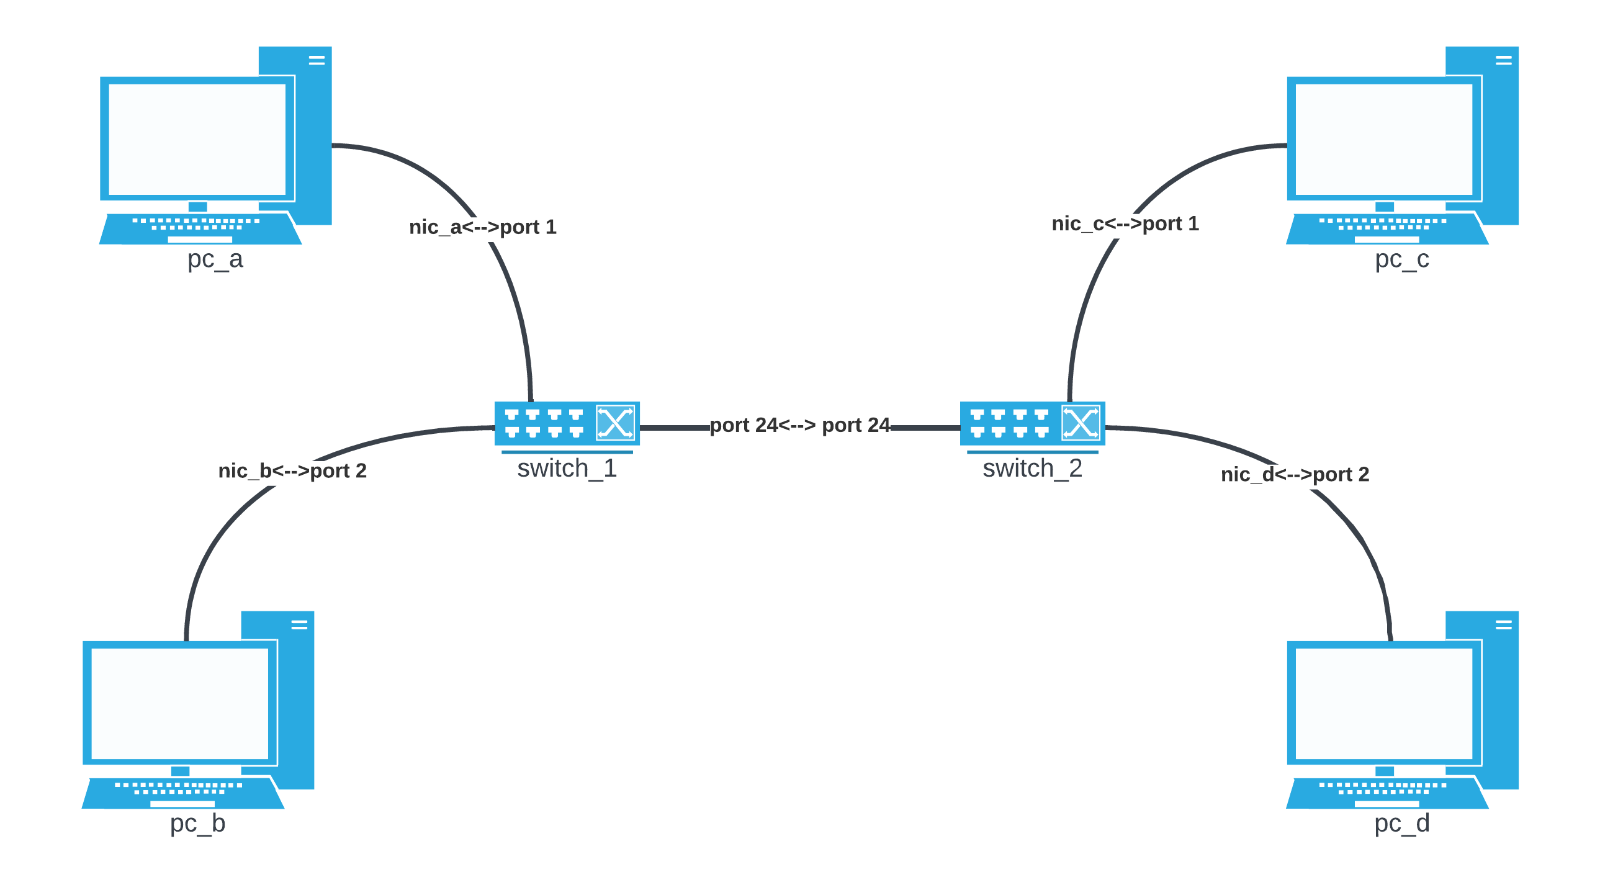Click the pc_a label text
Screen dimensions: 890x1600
click(215, 259)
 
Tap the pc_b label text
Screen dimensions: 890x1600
click(197, 823)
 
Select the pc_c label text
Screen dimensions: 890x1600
click(1402, 259)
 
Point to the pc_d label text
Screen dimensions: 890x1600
click(1402, 823)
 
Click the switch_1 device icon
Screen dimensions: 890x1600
click(567, 423)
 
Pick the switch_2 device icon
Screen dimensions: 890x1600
click(1032, 423)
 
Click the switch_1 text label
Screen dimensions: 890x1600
click(567, 469)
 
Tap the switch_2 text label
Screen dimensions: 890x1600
click(1032, 469)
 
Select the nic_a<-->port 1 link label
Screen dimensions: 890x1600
click(483, 227)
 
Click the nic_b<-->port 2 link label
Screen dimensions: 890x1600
click(292, 471)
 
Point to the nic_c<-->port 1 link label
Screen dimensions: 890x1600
click(1125, 223)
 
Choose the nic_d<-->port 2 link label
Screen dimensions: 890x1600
click(1295, 475)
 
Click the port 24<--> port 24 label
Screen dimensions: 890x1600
click(799, 425)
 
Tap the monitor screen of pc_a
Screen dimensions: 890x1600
click(197, 139)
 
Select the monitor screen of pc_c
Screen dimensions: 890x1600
click(1384, 139)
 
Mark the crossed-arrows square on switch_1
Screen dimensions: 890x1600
click(615, 423)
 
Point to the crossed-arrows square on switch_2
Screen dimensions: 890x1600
click(1081, 423)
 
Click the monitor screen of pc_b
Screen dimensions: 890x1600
click(179, 704)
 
